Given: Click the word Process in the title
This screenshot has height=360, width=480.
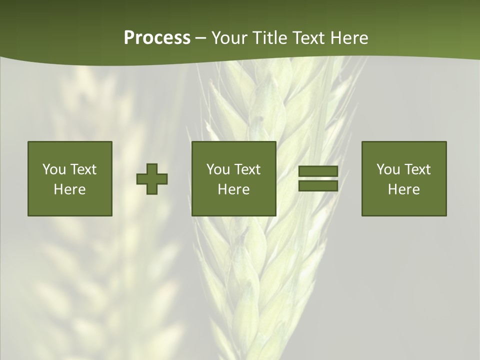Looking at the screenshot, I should click(157, 38).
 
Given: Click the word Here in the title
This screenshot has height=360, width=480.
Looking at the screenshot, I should click(350, 38).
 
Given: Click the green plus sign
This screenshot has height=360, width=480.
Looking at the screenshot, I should click(152, 179).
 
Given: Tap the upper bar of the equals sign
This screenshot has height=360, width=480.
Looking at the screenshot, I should click(318, 171).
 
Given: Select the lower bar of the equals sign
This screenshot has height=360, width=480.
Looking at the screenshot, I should click(318, 186).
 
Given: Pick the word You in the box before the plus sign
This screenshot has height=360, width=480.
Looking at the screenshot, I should click(54, 169).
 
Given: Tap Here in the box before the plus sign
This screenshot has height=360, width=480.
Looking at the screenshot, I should click(69, 189).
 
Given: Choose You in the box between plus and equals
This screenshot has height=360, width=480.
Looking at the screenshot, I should click(218, 169).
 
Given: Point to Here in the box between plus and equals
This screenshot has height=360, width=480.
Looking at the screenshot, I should click(233, 189).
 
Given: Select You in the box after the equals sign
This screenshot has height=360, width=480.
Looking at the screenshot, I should click(388, 169).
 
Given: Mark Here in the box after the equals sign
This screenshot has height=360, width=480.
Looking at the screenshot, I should click(403, 189).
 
